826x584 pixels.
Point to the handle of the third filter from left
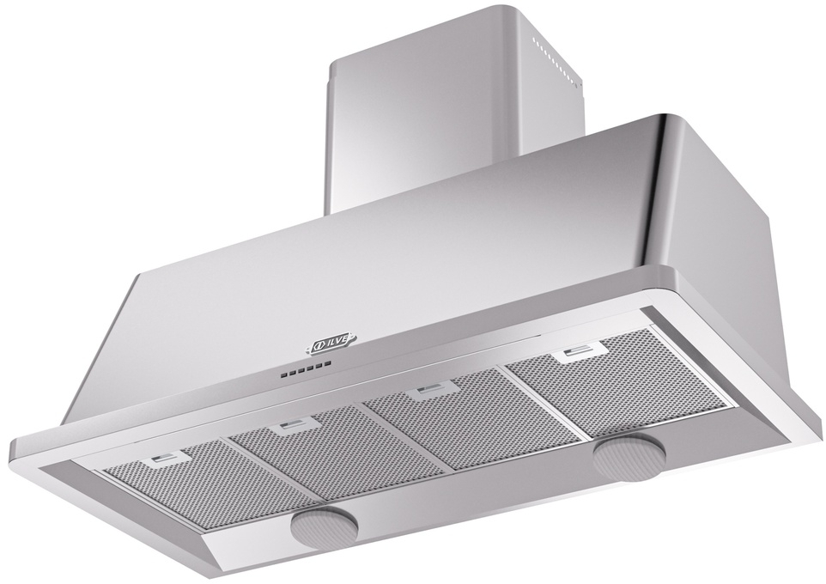[421, 392]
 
